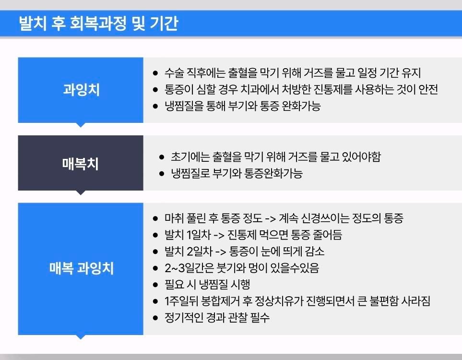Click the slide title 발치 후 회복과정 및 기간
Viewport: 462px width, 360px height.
(x=98, y=24)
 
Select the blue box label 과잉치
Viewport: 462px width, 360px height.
(x=82, y=90)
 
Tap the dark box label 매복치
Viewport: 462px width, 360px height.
(x=80, y=164)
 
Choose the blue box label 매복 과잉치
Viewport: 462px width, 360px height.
(x=82, y=268)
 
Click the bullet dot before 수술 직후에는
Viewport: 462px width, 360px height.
(x=155, y=73)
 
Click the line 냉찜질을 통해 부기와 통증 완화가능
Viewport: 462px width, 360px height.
(x=242, y=106)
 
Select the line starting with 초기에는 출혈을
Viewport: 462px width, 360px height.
(x=276, y=156)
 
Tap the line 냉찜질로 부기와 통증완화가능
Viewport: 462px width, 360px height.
(x=237, y=173)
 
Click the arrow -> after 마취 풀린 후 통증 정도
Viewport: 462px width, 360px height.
(x=270, y=219)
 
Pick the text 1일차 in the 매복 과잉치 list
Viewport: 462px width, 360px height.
(x=199, y=235)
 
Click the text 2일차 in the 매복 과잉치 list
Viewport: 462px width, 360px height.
(x=200, y=252)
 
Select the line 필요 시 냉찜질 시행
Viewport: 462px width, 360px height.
(x=207, y=285)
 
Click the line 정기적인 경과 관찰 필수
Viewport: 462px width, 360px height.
(x=217, y=318)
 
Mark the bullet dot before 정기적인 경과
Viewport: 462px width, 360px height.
(x=155, y=318)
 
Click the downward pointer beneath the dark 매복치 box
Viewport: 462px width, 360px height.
(x=81, y=192)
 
